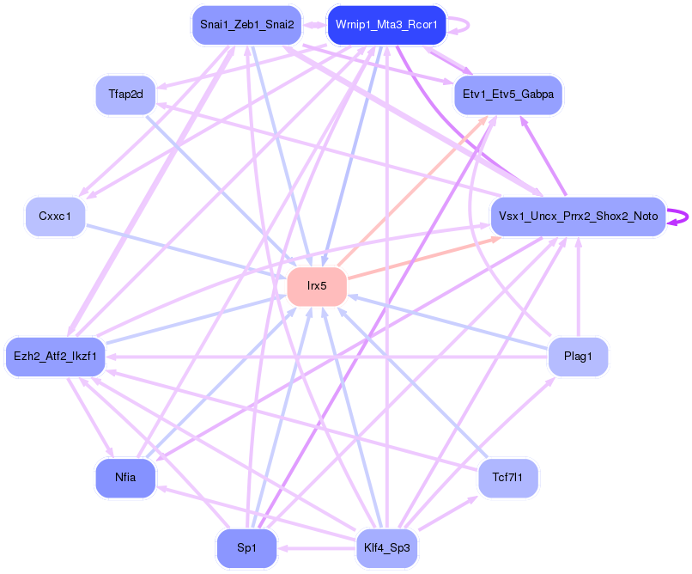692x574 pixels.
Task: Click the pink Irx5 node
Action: point(317,286)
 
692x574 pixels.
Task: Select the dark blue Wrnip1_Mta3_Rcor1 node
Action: point(387,25)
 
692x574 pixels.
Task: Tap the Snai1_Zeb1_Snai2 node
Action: point(246,25)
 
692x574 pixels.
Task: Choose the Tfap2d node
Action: point(125,95)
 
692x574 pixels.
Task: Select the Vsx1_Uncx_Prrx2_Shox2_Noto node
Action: point(578,217)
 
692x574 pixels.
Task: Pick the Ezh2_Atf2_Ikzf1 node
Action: point(55,356)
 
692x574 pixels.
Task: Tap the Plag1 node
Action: point(578,356)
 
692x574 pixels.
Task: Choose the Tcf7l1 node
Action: point(508,478)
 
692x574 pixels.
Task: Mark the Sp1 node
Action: point(246,548)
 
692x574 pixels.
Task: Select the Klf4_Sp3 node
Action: point(387,548)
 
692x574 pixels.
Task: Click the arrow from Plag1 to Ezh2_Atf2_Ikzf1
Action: point(326,356)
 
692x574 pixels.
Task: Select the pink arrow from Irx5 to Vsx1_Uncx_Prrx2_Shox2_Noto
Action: point(421,255)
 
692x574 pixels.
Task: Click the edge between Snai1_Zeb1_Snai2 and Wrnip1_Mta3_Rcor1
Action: point(314,25)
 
